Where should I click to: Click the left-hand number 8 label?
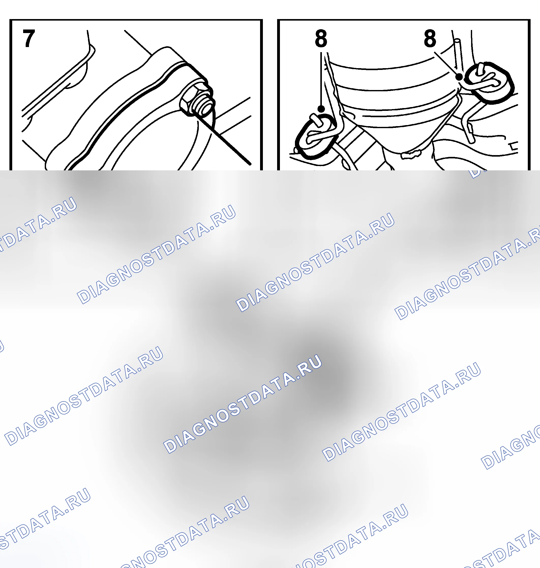click(x=321, y=38)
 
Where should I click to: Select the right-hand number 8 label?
click(x=430, y=38)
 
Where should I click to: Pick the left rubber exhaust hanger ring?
click(x=316, y=137)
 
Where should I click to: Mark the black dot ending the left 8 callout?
click(x=321, y=109)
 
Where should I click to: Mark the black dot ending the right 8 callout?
click(x=459, y=77)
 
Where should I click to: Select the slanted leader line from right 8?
click(x=446, y=64)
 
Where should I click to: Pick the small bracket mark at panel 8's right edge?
click(x=514, y=146)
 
